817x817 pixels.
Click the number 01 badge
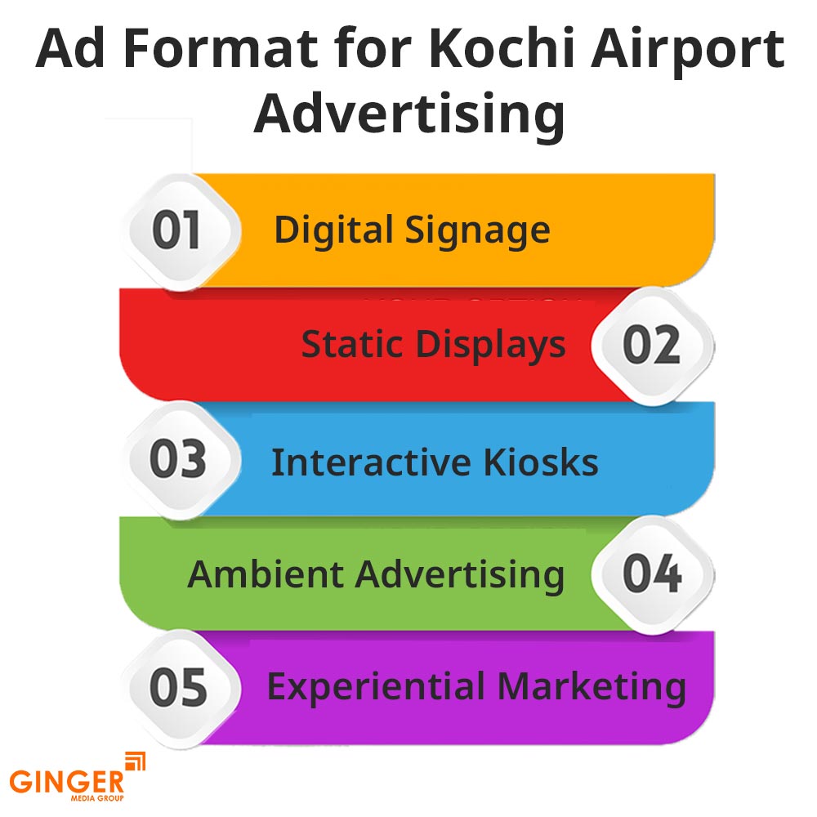point(177,231)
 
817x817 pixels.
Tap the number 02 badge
point(651,346)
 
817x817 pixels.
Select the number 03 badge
point(177,460)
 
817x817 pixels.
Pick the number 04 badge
point(651,574)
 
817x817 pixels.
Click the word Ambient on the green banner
point(266,574)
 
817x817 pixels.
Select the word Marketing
point(585,688)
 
